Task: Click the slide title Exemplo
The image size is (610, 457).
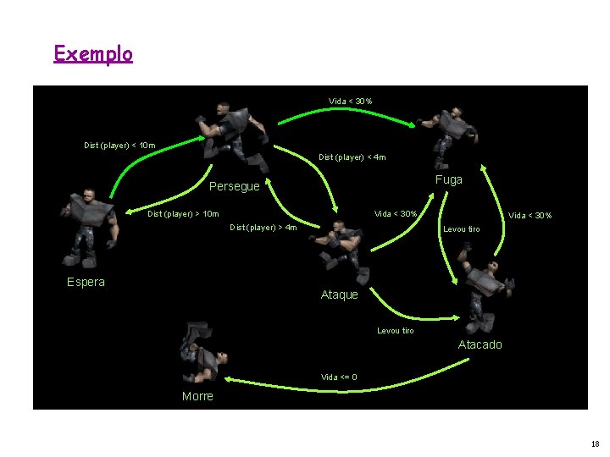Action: [93, 54]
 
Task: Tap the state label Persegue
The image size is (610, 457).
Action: [234, 186]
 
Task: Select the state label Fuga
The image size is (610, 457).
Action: [449, 179]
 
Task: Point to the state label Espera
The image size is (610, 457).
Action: [86, 282]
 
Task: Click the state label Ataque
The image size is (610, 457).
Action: [339, 295]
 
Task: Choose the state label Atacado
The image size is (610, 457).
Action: [480, 344]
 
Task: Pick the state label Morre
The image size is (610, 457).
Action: [197, 396]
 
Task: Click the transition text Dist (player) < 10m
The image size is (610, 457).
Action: [119, 146]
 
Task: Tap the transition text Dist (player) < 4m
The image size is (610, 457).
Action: [352, 157]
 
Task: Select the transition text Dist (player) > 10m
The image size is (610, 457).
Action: [183, 213]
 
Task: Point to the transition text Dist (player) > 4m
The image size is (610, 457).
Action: [263, 227]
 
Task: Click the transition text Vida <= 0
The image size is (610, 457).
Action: [339, 377]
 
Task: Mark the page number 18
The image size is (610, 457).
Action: [596, 443]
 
